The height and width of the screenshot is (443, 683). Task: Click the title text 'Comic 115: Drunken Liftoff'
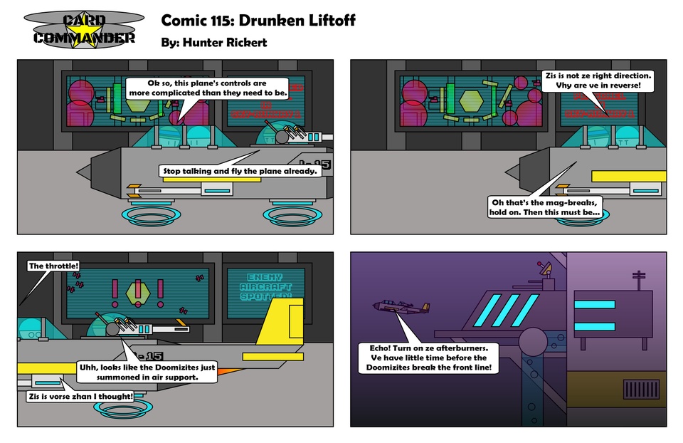tap(258, 20)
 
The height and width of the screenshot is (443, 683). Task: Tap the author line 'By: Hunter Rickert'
tap(214, 42)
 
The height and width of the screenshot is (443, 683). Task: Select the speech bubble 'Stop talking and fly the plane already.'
tap(239, 171)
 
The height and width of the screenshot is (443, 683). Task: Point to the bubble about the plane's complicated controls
tap(207, 88)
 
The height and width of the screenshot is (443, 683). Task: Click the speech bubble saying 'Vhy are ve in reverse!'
tap(598, 80)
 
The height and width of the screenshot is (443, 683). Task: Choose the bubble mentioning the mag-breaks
tap(546, 207)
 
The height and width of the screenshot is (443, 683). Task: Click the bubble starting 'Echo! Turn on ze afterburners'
tap(428, 358)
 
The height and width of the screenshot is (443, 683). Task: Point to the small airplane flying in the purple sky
tap(401, 308)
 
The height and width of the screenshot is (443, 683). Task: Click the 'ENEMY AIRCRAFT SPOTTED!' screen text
tap(265, 286)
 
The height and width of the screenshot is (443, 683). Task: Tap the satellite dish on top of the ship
tap(546, 270)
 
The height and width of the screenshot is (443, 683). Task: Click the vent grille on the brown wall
tap(642, 390)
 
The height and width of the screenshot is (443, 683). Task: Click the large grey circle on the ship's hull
tap(535, 341)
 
